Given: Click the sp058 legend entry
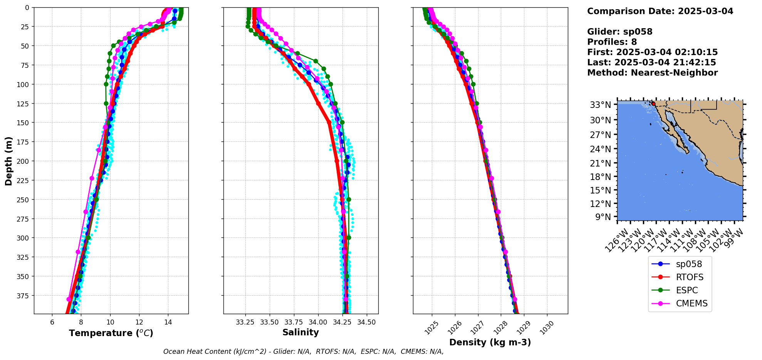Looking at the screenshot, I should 688,264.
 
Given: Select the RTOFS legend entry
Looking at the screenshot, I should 689,277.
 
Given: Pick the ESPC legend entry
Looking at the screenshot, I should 686,290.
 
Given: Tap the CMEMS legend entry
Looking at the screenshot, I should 692,303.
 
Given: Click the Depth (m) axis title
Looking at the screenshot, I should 8,161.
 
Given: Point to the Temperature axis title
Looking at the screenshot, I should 111,333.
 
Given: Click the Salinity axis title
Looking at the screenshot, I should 300,332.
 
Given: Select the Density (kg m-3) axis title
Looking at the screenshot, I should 490,342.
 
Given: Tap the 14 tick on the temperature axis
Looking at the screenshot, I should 168,322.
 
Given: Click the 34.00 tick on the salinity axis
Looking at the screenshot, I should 318,322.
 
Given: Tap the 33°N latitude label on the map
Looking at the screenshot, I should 600,105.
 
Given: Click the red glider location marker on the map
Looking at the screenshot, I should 653,104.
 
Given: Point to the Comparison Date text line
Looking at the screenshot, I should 660,11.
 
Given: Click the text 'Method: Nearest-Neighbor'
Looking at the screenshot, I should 652,73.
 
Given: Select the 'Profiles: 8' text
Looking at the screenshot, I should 612,42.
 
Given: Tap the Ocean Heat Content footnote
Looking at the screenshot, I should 303,352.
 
